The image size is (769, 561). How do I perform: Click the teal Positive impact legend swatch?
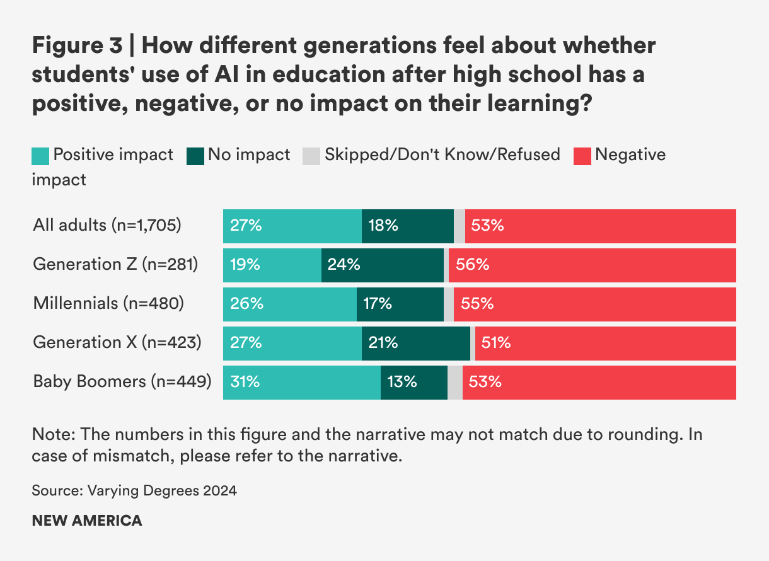40,156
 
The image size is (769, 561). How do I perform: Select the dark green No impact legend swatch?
195,156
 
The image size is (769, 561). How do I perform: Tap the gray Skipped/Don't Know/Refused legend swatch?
312,156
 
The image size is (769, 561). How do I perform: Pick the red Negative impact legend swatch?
582,156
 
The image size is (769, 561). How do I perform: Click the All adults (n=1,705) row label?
107,225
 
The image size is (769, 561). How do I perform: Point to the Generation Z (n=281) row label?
115,265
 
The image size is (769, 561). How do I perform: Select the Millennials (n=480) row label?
108,303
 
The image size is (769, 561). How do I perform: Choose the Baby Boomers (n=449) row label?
122,381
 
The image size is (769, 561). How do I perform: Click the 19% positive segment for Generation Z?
272,265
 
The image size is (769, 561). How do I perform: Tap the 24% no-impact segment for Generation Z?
382,265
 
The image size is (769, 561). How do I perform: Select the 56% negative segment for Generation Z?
592,265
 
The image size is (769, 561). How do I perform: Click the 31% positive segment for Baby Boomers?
301,382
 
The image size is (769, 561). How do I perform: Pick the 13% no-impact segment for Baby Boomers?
413,382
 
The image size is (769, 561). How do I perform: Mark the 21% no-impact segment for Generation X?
415,343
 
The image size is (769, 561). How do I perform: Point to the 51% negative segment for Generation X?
605,343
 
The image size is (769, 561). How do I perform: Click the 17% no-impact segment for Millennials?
400,304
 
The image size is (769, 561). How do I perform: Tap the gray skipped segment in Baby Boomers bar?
454,382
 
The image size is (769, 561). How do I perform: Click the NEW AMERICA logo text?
87,521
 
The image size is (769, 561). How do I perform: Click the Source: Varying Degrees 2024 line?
134,490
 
